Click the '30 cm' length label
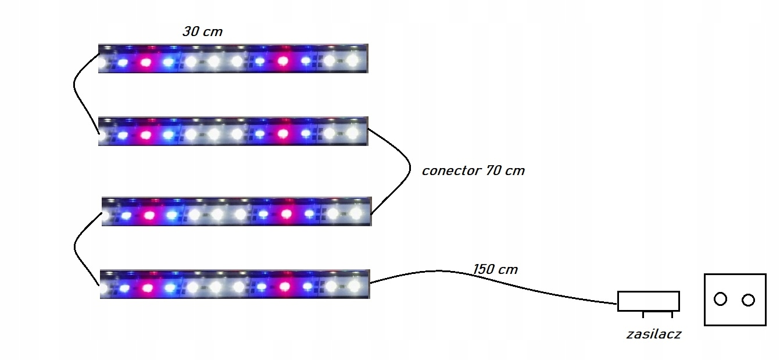[x=202, y=32]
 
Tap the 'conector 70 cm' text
[x=473, y=171]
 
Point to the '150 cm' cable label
[x=495, y=269]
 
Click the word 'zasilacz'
[x=653, y=334]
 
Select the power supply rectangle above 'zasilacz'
[x=648, y=301]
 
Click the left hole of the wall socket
[x=720, y=299]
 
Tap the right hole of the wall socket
[x=748, y=300]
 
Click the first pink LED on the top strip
[x=146, y=62]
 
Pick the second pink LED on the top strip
[x=283, y=60]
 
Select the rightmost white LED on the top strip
[x=352, y=60]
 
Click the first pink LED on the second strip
[x=146, y=134]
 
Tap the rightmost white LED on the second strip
[x=352, y=133]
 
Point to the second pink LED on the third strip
[x=287, y=214]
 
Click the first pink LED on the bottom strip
[x=148, y=287]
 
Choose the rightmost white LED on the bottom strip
[x=354, y=286]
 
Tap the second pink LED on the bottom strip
[x=285, y=286]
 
